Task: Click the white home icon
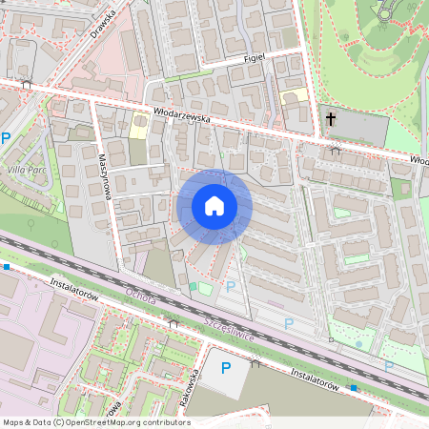tap(214, 206)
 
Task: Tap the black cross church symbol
tap(332, 119)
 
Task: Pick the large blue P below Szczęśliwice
tap(226, 368)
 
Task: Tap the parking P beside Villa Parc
tap(6, 138)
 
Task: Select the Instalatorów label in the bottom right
tap(315, 379)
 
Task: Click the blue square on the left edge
tap(6, 267)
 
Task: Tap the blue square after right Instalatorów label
tap(354, 388)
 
